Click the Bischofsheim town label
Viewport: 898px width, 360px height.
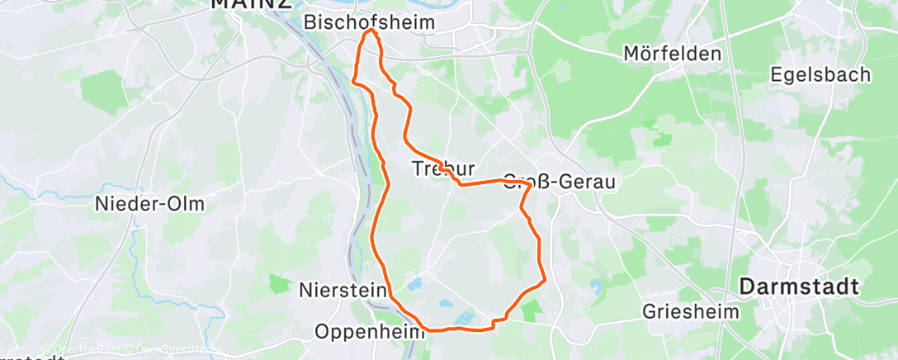369,22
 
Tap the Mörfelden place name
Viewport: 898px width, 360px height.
672,54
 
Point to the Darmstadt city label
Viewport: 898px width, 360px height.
800,287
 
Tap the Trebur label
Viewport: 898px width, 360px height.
442,169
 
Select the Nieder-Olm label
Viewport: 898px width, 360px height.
149,204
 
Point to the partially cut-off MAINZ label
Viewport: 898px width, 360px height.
251,4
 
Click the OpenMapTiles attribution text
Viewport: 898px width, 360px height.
81,350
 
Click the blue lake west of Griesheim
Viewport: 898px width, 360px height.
597,287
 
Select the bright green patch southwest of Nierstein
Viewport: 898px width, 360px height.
278,283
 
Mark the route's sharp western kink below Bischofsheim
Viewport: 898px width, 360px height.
354,82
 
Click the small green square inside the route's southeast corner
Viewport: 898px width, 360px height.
530,310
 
